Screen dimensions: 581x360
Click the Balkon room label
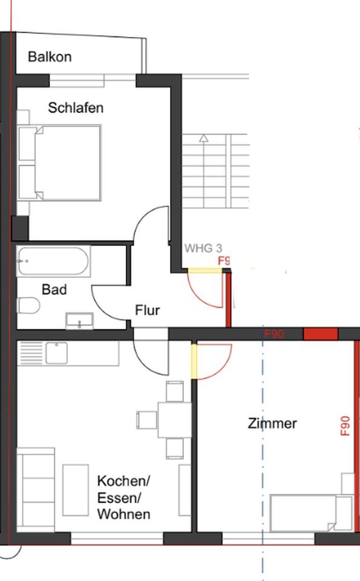coord(50,57)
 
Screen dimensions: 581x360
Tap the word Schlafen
coord(76,108)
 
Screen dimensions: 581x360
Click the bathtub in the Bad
coord(53,262)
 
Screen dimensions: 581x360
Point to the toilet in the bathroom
coord(28,306)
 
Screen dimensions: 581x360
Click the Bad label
coord(54,289)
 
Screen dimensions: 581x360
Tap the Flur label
coord(147,310)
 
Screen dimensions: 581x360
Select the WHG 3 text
coord(203,248)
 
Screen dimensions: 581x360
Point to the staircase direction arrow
coord(204,138)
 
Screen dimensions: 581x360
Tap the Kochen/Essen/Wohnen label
coord(124,498)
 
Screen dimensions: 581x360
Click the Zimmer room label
coord(272,423)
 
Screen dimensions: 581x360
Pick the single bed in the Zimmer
coord(310,513)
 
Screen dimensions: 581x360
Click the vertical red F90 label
coord(345,425)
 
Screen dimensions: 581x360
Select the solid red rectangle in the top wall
coord(320,334)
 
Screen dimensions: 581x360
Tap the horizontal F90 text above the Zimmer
coord(274,334)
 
